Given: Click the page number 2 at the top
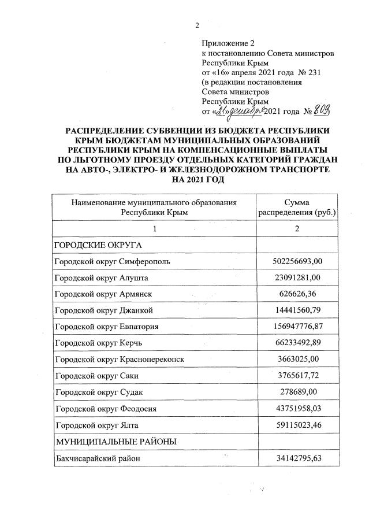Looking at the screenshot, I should (197, 24).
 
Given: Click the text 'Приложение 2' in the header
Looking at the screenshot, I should (228, 43).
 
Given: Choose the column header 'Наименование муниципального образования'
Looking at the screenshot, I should (154, 202).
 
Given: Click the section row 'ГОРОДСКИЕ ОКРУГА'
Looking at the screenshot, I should (94, 245).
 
